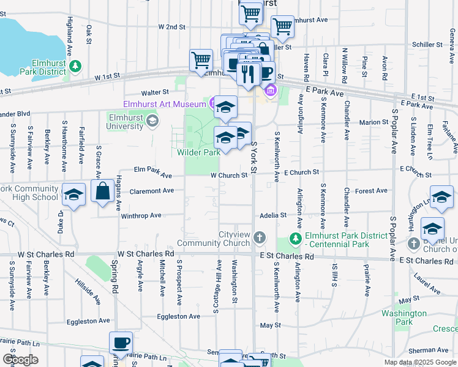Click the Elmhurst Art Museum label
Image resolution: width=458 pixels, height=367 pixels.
pos(164,104)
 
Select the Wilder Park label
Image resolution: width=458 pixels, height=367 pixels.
pos(198,152)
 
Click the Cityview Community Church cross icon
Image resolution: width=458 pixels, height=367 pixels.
pos(260,237)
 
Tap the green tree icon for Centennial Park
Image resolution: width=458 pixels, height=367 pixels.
pos(296,237)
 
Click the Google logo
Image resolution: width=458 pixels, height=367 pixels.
pos(20,360)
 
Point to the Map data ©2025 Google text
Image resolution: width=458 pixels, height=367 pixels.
pos(419,362)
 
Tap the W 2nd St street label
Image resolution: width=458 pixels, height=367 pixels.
pos(171,27)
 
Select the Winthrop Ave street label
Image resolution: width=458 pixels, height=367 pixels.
pos(141,215)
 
